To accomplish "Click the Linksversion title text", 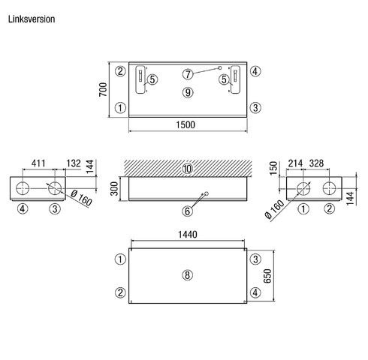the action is tap(32, 19).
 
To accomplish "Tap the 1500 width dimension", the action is tap(186, 124).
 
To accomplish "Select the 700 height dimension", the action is tap(103, 89).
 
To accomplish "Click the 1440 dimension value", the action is tap(188, 235).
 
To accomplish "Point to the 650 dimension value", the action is tap(267, 276).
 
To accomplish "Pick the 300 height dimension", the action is tap(114, 188).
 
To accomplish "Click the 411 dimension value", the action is tap(38, 163).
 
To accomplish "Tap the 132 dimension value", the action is tap(74, 163).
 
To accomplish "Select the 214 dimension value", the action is tap(295, 163).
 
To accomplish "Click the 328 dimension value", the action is tap(317, 163).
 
